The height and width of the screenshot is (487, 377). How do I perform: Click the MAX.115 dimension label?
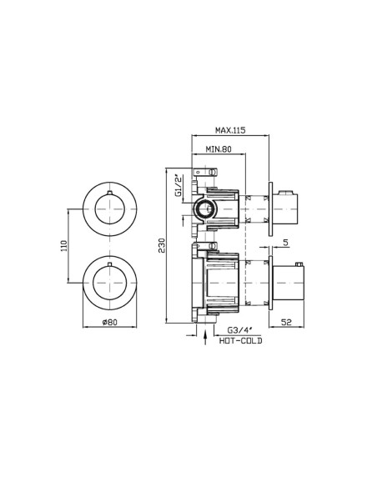pos(230,130)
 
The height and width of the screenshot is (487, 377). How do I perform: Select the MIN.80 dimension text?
pos(219,149)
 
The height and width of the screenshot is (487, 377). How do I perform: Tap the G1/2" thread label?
pos(178,186)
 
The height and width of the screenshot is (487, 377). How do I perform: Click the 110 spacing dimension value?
pos(63,246)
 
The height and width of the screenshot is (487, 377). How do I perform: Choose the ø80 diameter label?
pos(110,322)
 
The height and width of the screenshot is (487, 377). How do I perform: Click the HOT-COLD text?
pos(241,341)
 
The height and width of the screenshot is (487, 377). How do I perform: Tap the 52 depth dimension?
pos(286,323)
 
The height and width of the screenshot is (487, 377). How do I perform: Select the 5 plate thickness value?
pos(286,242)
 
